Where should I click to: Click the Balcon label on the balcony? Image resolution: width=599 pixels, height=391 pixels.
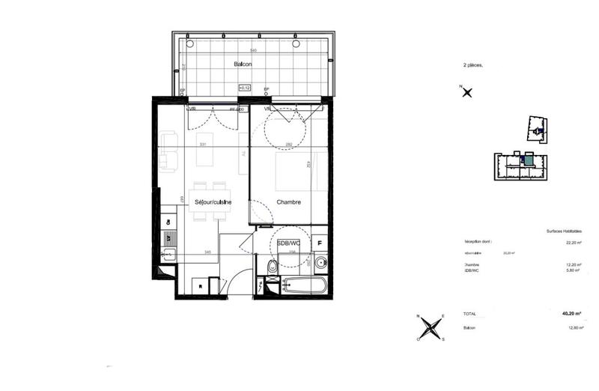tap(242, 64)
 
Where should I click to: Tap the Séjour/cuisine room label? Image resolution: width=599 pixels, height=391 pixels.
tap(213, 203)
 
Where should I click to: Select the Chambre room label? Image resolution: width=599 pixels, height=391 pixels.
tap(288, 203)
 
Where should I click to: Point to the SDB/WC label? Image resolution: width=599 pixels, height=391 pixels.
tap(288, 243)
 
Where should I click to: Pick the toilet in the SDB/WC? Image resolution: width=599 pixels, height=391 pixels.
tap(273, 267)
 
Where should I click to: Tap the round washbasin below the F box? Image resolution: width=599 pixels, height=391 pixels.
tap(320, 262)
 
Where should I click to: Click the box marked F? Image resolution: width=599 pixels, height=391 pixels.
tap(320, 243)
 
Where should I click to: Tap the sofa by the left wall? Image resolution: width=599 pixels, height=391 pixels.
tap(168, 151)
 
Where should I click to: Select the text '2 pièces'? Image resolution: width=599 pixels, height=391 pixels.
tap(473, 66)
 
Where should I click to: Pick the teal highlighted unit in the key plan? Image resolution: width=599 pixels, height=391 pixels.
tap(529, 160)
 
